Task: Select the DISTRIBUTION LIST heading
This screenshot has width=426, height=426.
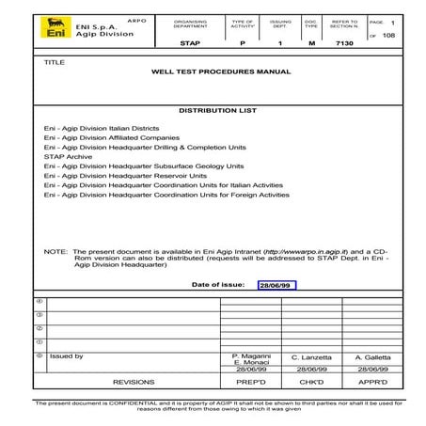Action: coord(213,110)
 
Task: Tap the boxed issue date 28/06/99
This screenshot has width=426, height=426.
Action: coord(276,283)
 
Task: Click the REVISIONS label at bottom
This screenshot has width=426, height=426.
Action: coord(134,383)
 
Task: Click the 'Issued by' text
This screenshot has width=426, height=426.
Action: coord(67,356)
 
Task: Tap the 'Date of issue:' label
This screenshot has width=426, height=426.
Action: coord(218,283)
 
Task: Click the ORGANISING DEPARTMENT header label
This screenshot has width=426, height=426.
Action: coord(190,24)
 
